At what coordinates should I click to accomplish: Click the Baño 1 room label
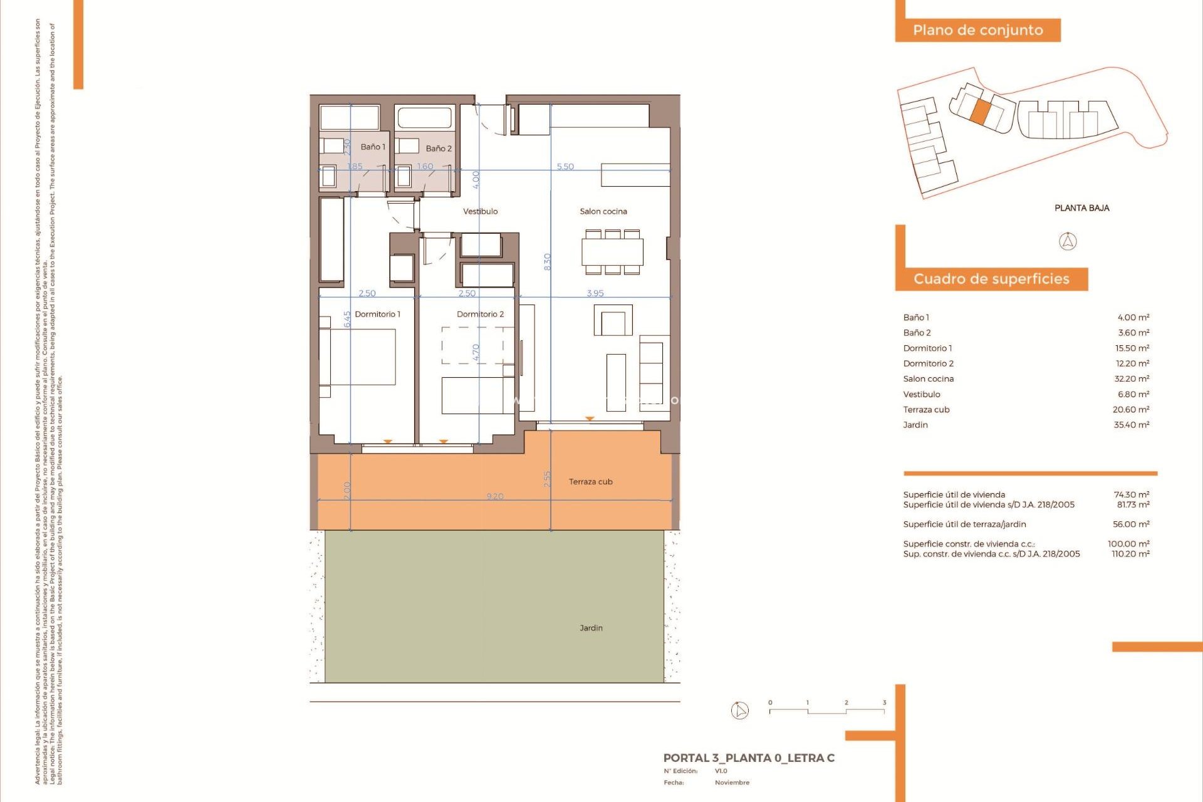pos(373,147)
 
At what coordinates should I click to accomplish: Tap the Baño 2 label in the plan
pos(438,148)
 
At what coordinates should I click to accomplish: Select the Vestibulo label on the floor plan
pos(480,211)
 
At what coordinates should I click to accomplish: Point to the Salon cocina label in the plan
pos(603,211)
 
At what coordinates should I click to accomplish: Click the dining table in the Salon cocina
pos(612,253)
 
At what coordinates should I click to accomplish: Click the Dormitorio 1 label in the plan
pos(377,314)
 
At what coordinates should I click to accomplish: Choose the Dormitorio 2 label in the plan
pos(480,314)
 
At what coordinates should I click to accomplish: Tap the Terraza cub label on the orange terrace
pos(590,482)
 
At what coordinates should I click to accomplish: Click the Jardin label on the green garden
pos(591,628)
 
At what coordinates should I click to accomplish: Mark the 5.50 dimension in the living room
pos(565,166)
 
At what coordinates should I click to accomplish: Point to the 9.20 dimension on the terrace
pos(495,496)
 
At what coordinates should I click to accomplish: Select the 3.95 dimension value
pos(595,293)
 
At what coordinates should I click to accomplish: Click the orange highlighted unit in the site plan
pos(981,112)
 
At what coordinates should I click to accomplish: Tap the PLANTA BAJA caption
pos(1081,208)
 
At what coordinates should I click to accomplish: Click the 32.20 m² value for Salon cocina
pos(1132,378)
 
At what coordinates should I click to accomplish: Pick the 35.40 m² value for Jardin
pos(1132,425)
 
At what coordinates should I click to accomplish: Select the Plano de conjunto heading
pos(977,30)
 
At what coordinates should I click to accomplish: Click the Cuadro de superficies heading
pos(991,279)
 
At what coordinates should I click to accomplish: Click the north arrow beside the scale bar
pos(740,711)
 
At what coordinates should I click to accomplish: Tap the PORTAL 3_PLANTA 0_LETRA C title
pos(749,758)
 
